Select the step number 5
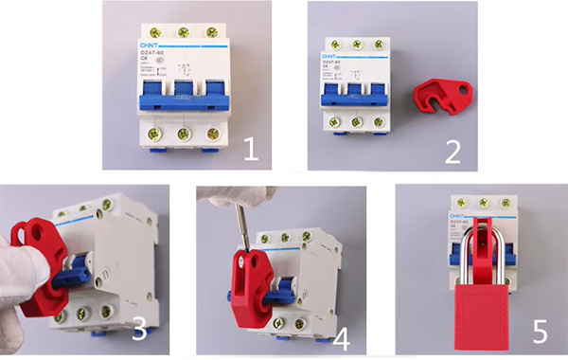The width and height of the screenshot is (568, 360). [540, 331]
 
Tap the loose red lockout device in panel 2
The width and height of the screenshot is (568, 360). [441, 97]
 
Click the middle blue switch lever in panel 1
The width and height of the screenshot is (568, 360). [185, 97]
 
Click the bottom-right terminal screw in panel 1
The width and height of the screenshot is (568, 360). [213, 133]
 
